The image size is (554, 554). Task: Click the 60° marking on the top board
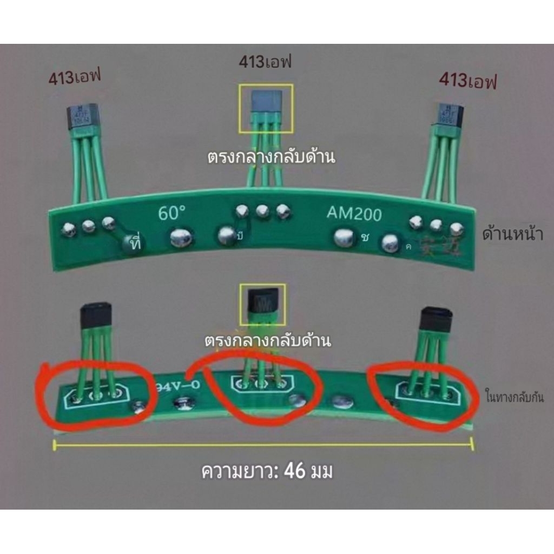pyautogui.click(x=172, y=213)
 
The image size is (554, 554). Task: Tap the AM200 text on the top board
pyautogui.click(x=354, y=214)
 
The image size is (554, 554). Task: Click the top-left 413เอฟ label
pyautogui.click(x=75, y=78)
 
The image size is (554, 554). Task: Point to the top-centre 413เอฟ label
pyautogui.click(x=265, y=62)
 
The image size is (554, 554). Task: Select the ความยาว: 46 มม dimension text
pyautogui.click(x=267, y=472)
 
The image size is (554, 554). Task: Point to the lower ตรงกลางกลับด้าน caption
pyautogui.click(x=267, y=341)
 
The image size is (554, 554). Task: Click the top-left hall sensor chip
pyautogui.click(x=82, y=116)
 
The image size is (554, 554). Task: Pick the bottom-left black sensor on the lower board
pyautogui.click(x=96, y=315)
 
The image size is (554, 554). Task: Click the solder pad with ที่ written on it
pyautogui.click(x=133, y=243)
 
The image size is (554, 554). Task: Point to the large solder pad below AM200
pyautogui.click(x=344, y=238)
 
